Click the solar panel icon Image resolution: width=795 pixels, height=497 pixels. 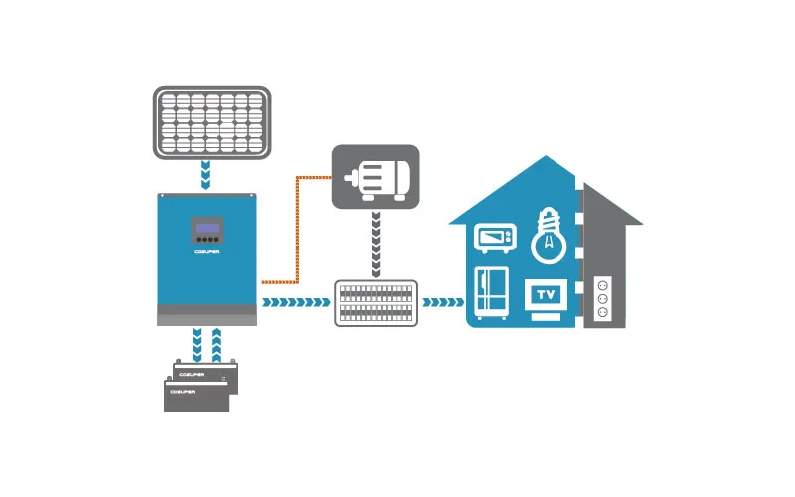(212, 121)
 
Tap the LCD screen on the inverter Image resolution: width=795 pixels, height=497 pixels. (207, 226)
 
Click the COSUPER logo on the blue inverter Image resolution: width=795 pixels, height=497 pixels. (207, 251)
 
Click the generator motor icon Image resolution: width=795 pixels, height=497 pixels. (375, 177)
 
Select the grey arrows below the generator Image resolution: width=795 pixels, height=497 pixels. (376, 244)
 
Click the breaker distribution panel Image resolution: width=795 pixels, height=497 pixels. (376, 303)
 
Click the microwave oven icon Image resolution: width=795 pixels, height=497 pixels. (495, 238)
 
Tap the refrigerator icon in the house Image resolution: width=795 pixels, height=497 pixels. (491, 294)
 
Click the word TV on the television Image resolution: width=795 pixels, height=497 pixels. (546, 295)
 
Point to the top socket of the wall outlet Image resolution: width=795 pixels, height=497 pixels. (601, 284)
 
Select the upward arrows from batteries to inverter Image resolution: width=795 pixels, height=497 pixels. (219, 342)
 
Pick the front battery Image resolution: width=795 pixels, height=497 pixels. (196, 395)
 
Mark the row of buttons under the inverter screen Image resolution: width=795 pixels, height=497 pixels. (207, 240)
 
